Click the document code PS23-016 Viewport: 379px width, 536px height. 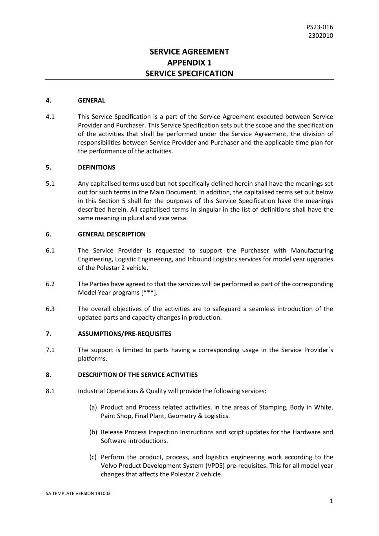click(x=319, y=27)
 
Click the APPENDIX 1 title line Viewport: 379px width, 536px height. click(x=189, y=62)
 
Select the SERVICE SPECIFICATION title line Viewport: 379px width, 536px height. click(x=189, y=73)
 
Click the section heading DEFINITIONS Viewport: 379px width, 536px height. click(x=97, y=167)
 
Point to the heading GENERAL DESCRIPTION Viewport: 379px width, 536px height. click(x=112, y=234)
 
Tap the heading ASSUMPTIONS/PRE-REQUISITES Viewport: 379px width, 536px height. click(x=125, y=334)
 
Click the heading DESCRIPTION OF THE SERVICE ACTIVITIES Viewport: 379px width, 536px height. click(x=137, y=375)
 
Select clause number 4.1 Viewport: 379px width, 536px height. click(x=50, y=117)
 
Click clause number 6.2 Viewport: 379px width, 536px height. click(x=50, y=284)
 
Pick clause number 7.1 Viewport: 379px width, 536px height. click(x=50, y=350)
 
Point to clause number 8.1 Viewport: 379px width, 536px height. click(x=50, y=391)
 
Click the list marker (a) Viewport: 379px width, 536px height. click(x=93, y=407)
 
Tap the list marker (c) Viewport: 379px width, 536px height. click(x=93, y=457)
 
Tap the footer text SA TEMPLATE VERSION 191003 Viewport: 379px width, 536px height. click(x=78, y=494)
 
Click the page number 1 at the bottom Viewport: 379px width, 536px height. click(x=331, y=501)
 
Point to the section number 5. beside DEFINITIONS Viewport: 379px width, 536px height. click(x=48, y=167)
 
